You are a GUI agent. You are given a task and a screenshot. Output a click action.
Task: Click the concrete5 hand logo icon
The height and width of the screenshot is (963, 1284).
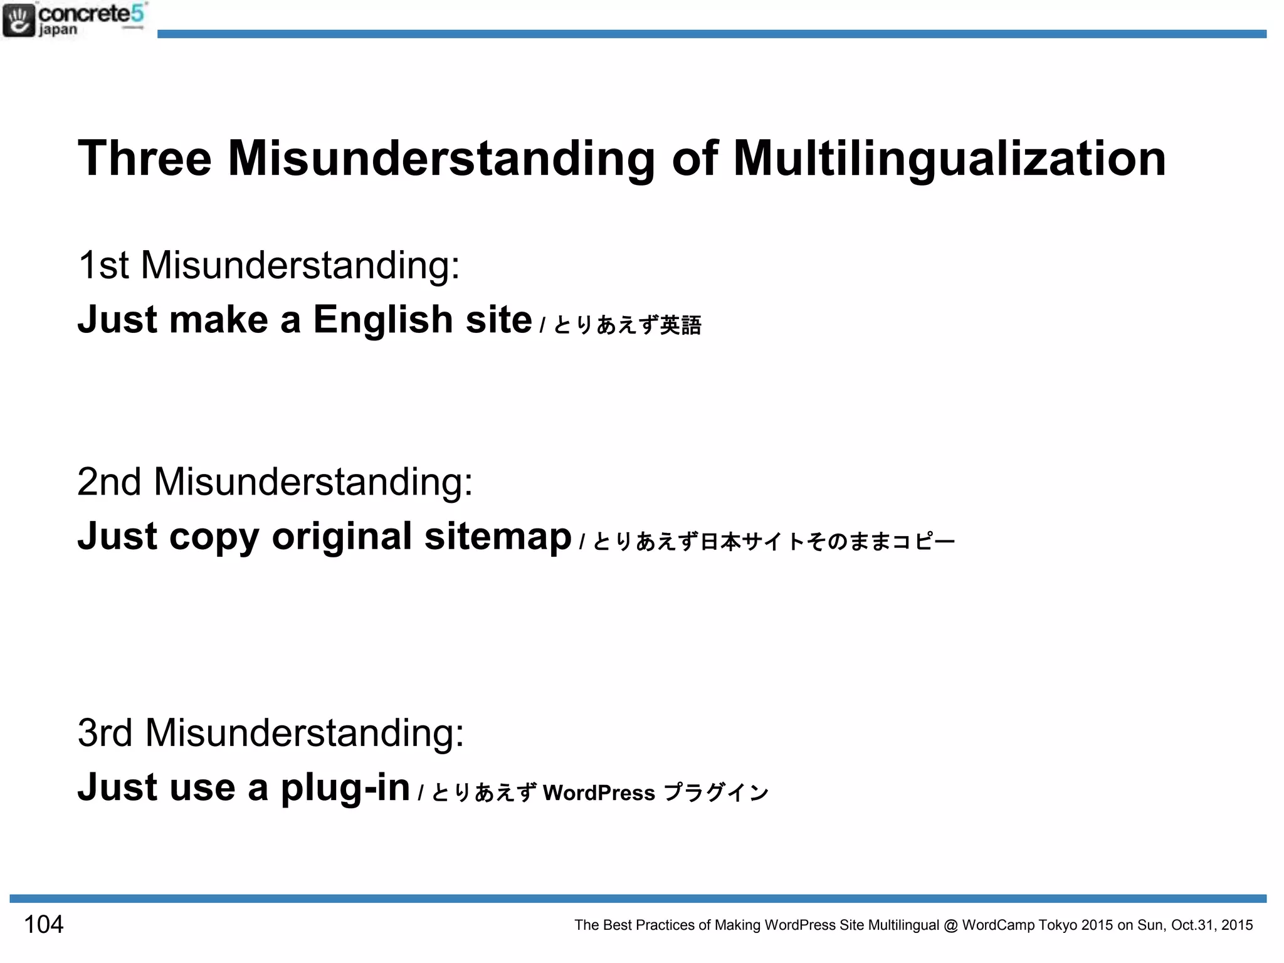[x=18, y=20]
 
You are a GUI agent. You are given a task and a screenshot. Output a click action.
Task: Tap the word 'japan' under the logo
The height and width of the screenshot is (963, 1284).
[x=58, y=29]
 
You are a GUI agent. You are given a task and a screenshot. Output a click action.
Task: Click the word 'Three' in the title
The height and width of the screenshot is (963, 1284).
[x=145, y=158]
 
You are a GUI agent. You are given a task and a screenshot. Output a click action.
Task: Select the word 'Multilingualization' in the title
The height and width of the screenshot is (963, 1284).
[x=949, y=159]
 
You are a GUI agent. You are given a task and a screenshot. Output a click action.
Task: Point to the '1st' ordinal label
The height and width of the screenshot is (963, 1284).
[x=103, y=265]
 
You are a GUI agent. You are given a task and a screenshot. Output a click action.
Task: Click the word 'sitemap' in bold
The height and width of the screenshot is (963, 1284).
[x=498, y=537]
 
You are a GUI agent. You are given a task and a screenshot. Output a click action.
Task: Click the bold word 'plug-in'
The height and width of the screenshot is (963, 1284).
[x=345, y=787]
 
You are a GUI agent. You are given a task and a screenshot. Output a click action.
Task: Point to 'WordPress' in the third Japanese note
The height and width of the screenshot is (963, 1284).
[x=599, y=793]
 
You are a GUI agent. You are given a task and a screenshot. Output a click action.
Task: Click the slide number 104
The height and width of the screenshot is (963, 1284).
[x=43, y=925]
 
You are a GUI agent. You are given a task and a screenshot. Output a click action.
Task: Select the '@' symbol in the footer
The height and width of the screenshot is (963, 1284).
[x=950, y=925]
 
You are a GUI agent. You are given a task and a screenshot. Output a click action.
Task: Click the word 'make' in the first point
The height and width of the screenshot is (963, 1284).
[x=219, y=320]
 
